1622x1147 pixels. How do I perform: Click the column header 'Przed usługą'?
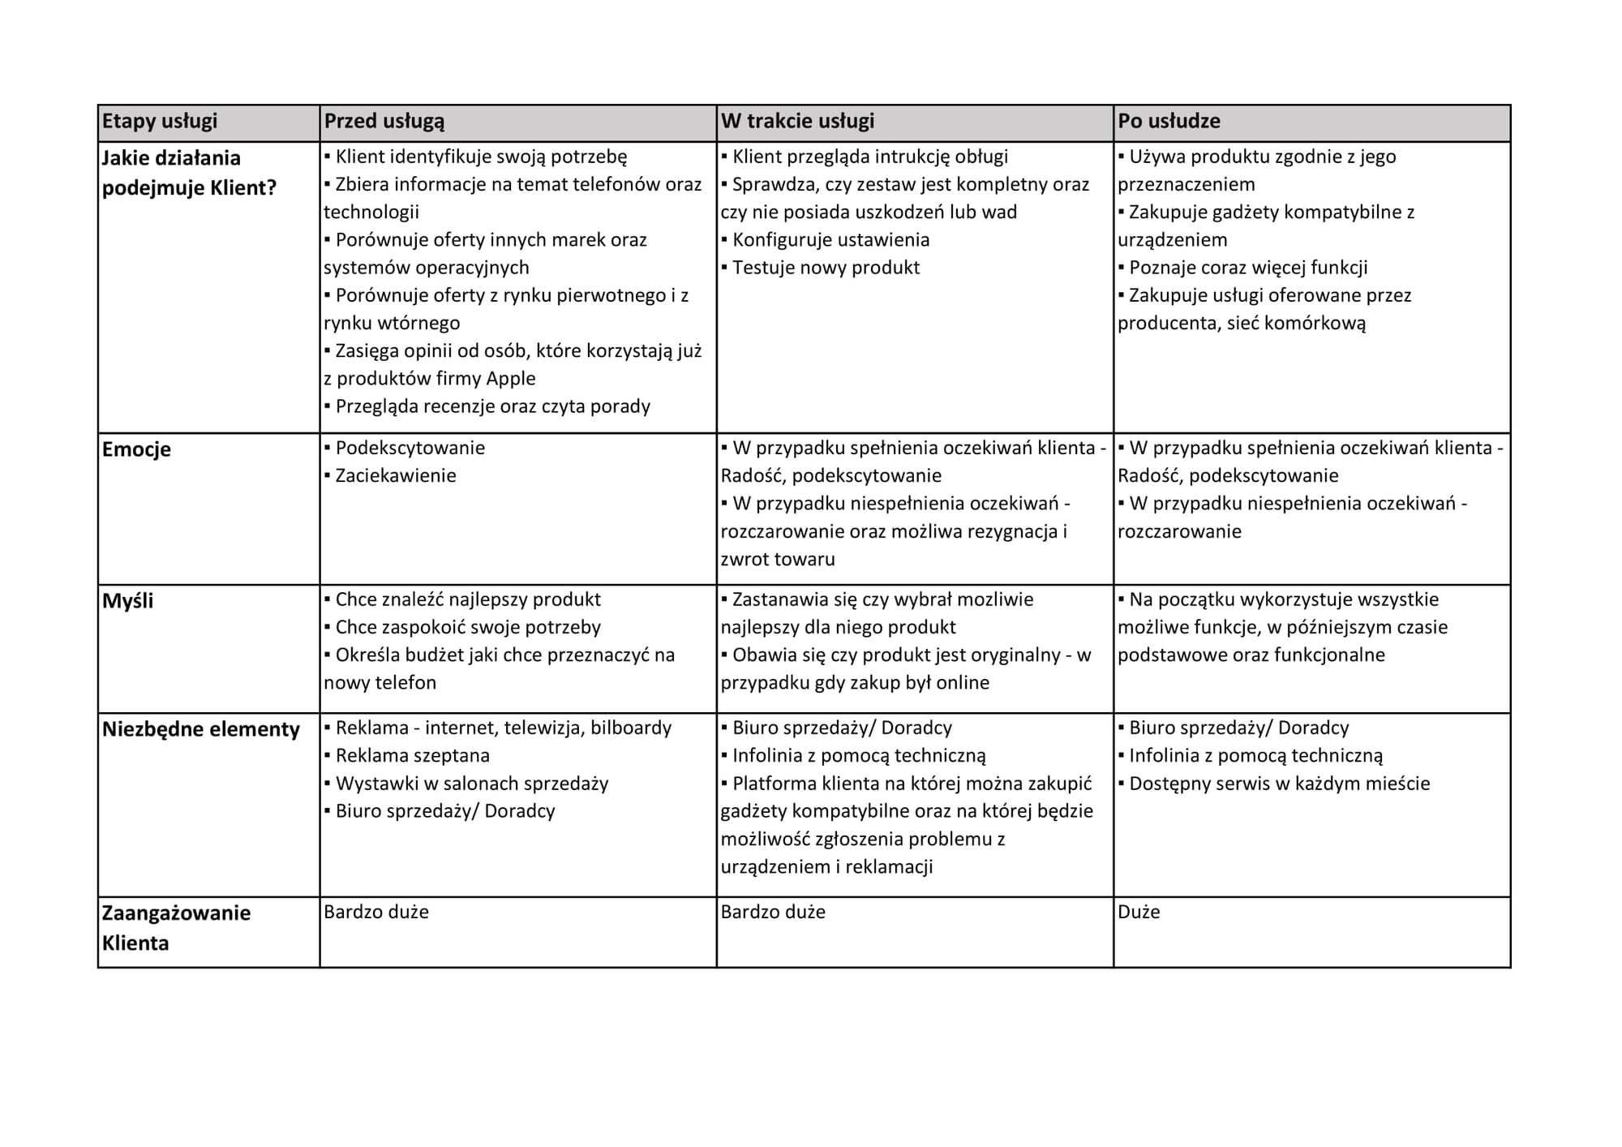click(384, 122)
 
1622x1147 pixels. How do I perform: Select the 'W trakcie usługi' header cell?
click(797, 122)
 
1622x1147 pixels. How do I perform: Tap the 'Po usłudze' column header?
click(1169, 122)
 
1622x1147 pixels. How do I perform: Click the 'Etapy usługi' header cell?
click(160, 122)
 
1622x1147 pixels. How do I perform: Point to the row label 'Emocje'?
click(136, 449)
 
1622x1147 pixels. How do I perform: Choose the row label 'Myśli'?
click(127, 601)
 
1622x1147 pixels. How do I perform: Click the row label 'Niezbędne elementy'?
click(200, 729)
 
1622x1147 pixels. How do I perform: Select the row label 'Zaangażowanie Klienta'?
click(176, 928)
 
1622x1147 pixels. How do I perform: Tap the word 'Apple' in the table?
click(511, 379)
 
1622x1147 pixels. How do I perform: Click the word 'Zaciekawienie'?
click(396, 476)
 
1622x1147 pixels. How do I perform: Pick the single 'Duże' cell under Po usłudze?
click(1139, 913)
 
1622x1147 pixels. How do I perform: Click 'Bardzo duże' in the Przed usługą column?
click(376, 913)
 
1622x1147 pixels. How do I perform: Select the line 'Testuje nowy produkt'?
click(826, 268)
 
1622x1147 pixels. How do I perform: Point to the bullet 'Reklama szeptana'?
click(412, 756)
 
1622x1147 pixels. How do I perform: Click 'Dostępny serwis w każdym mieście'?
click(1279, 784)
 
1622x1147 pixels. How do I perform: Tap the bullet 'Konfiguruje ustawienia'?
click(830, 240)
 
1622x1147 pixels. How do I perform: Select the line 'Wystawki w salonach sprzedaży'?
click(471, 784)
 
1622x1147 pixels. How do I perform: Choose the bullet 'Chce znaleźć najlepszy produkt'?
click(468, 600)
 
